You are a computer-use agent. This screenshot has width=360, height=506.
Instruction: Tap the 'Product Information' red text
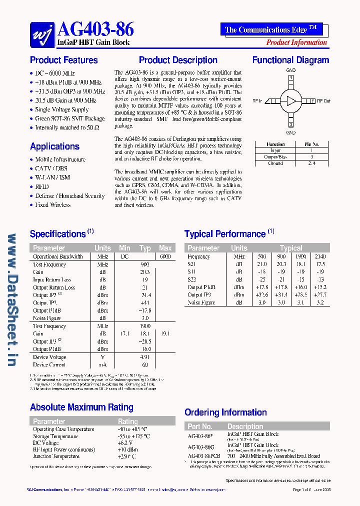[296, 42]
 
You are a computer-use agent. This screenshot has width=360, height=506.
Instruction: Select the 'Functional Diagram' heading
[290, 60]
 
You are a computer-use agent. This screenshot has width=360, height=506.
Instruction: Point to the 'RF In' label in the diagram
[257, 101]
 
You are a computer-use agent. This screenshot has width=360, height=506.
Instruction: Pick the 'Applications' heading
[54, 146]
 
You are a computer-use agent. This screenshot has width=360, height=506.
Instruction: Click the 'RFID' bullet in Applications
[42, 186]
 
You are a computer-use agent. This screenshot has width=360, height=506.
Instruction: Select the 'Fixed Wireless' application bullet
[52, 205]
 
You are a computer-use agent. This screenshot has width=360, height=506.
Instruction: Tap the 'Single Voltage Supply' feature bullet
[61, 109]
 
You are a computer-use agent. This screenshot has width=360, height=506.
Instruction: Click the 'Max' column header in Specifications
[165, 248]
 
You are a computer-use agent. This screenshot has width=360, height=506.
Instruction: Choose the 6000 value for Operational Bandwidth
[165, 256]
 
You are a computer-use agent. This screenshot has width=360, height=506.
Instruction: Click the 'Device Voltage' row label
[49, 357]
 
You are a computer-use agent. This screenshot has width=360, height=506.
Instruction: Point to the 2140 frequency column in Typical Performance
[320, 256]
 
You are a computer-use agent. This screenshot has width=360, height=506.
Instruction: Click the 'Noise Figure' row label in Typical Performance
[200, 302]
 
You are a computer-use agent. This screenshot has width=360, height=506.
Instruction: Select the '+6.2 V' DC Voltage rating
[124, 443]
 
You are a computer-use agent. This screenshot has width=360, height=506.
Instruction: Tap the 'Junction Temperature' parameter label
[56, 456]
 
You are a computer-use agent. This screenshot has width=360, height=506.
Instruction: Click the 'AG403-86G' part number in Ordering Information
[201, 447]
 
